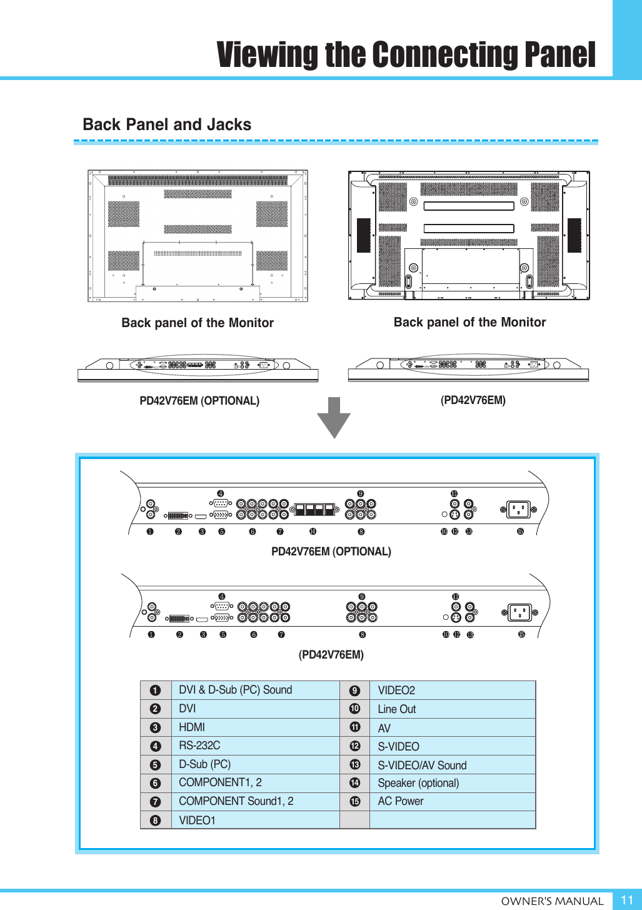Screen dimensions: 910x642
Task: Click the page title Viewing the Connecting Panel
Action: [x=406, y=55]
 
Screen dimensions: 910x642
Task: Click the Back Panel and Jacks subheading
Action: [x=167, y=124]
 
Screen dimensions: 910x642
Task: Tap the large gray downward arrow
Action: [x=334, y=417]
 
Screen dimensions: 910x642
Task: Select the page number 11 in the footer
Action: [x=626, y=900]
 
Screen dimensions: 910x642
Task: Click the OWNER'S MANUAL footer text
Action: [x=552, y=901]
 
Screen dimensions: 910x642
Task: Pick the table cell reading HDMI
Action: [x=192, y=727]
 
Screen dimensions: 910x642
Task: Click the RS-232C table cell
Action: [x=199, y=746]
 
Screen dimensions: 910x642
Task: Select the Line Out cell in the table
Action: [x=396, y=709]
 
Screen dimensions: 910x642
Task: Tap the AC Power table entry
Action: [x=400, y=801]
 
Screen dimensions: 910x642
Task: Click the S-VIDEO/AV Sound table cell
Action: [x=422, y=766]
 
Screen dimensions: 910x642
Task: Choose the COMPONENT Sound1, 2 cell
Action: [x=236, y=801]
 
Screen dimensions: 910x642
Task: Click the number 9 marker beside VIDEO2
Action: [x=354, y=691]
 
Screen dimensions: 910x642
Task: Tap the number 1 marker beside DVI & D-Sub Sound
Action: [x=156, y=691]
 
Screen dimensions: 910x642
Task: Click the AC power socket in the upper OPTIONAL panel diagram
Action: [x=518, y=510]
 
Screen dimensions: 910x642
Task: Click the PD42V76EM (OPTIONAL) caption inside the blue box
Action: [x=331, y=552]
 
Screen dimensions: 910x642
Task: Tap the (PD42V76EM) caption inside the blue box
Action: [x=331, y=655]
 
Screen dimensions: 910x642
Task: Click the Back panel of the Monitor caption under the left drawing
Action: [x=198, y=323]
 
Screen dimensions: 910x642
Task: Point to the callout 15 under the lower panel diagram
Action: [x=521, y=635]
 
